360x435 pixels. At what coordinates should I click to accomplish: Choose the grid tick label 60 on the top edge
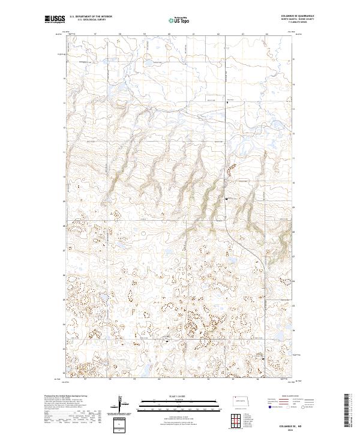[170, 34]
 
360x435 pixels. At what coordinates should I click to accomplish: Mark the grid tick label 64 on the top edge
[266, 34]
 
